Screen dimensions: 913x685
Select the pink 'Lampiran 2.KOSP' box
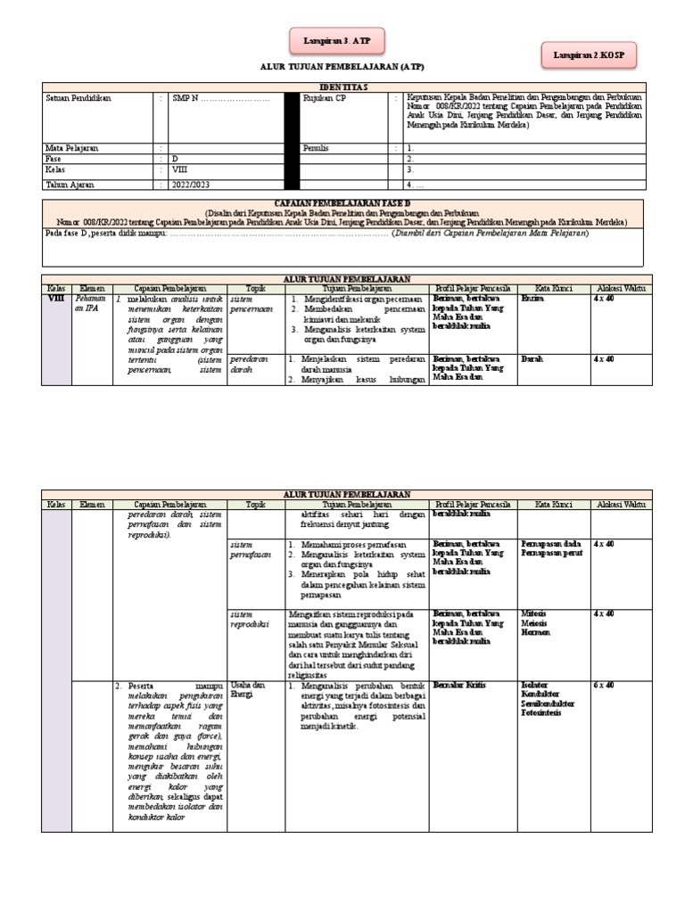(x=589, y=56)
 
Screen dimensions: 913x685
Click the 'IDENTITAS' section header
(x=342, y=86)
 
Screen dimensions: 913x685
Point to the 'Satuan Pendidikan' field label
(x=78, y=99)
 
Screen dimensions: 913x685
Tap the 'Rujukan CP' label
(x=325, y=99)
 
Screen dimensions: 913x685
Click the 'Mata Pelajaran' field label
(x=70, y=147)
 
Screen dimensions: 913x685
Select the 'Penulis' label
(x=316, y=147)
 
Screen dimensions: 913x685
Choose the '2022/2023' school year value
(x=193, y=185)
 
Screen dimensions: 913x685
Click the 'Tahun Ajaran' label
(x=70, y=185)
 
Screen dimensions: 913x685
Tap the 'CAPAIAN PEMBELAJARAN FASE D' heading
(x=342, y=204)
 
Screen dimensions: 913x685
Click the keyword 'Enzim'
(x=532, y=300)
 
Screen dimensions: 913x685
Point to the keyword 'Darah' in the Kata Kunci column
(x=532, y=358)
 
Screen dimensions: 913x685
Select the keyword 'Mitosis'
(x=535, y=614)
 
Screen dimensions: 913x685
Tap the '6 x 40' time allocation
(x=603, y=685)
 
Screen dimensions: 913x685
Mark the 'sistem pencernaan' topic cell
(x=252, y=304)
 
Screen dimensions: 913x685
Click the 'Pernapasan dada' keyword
(x=551, y=543)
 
